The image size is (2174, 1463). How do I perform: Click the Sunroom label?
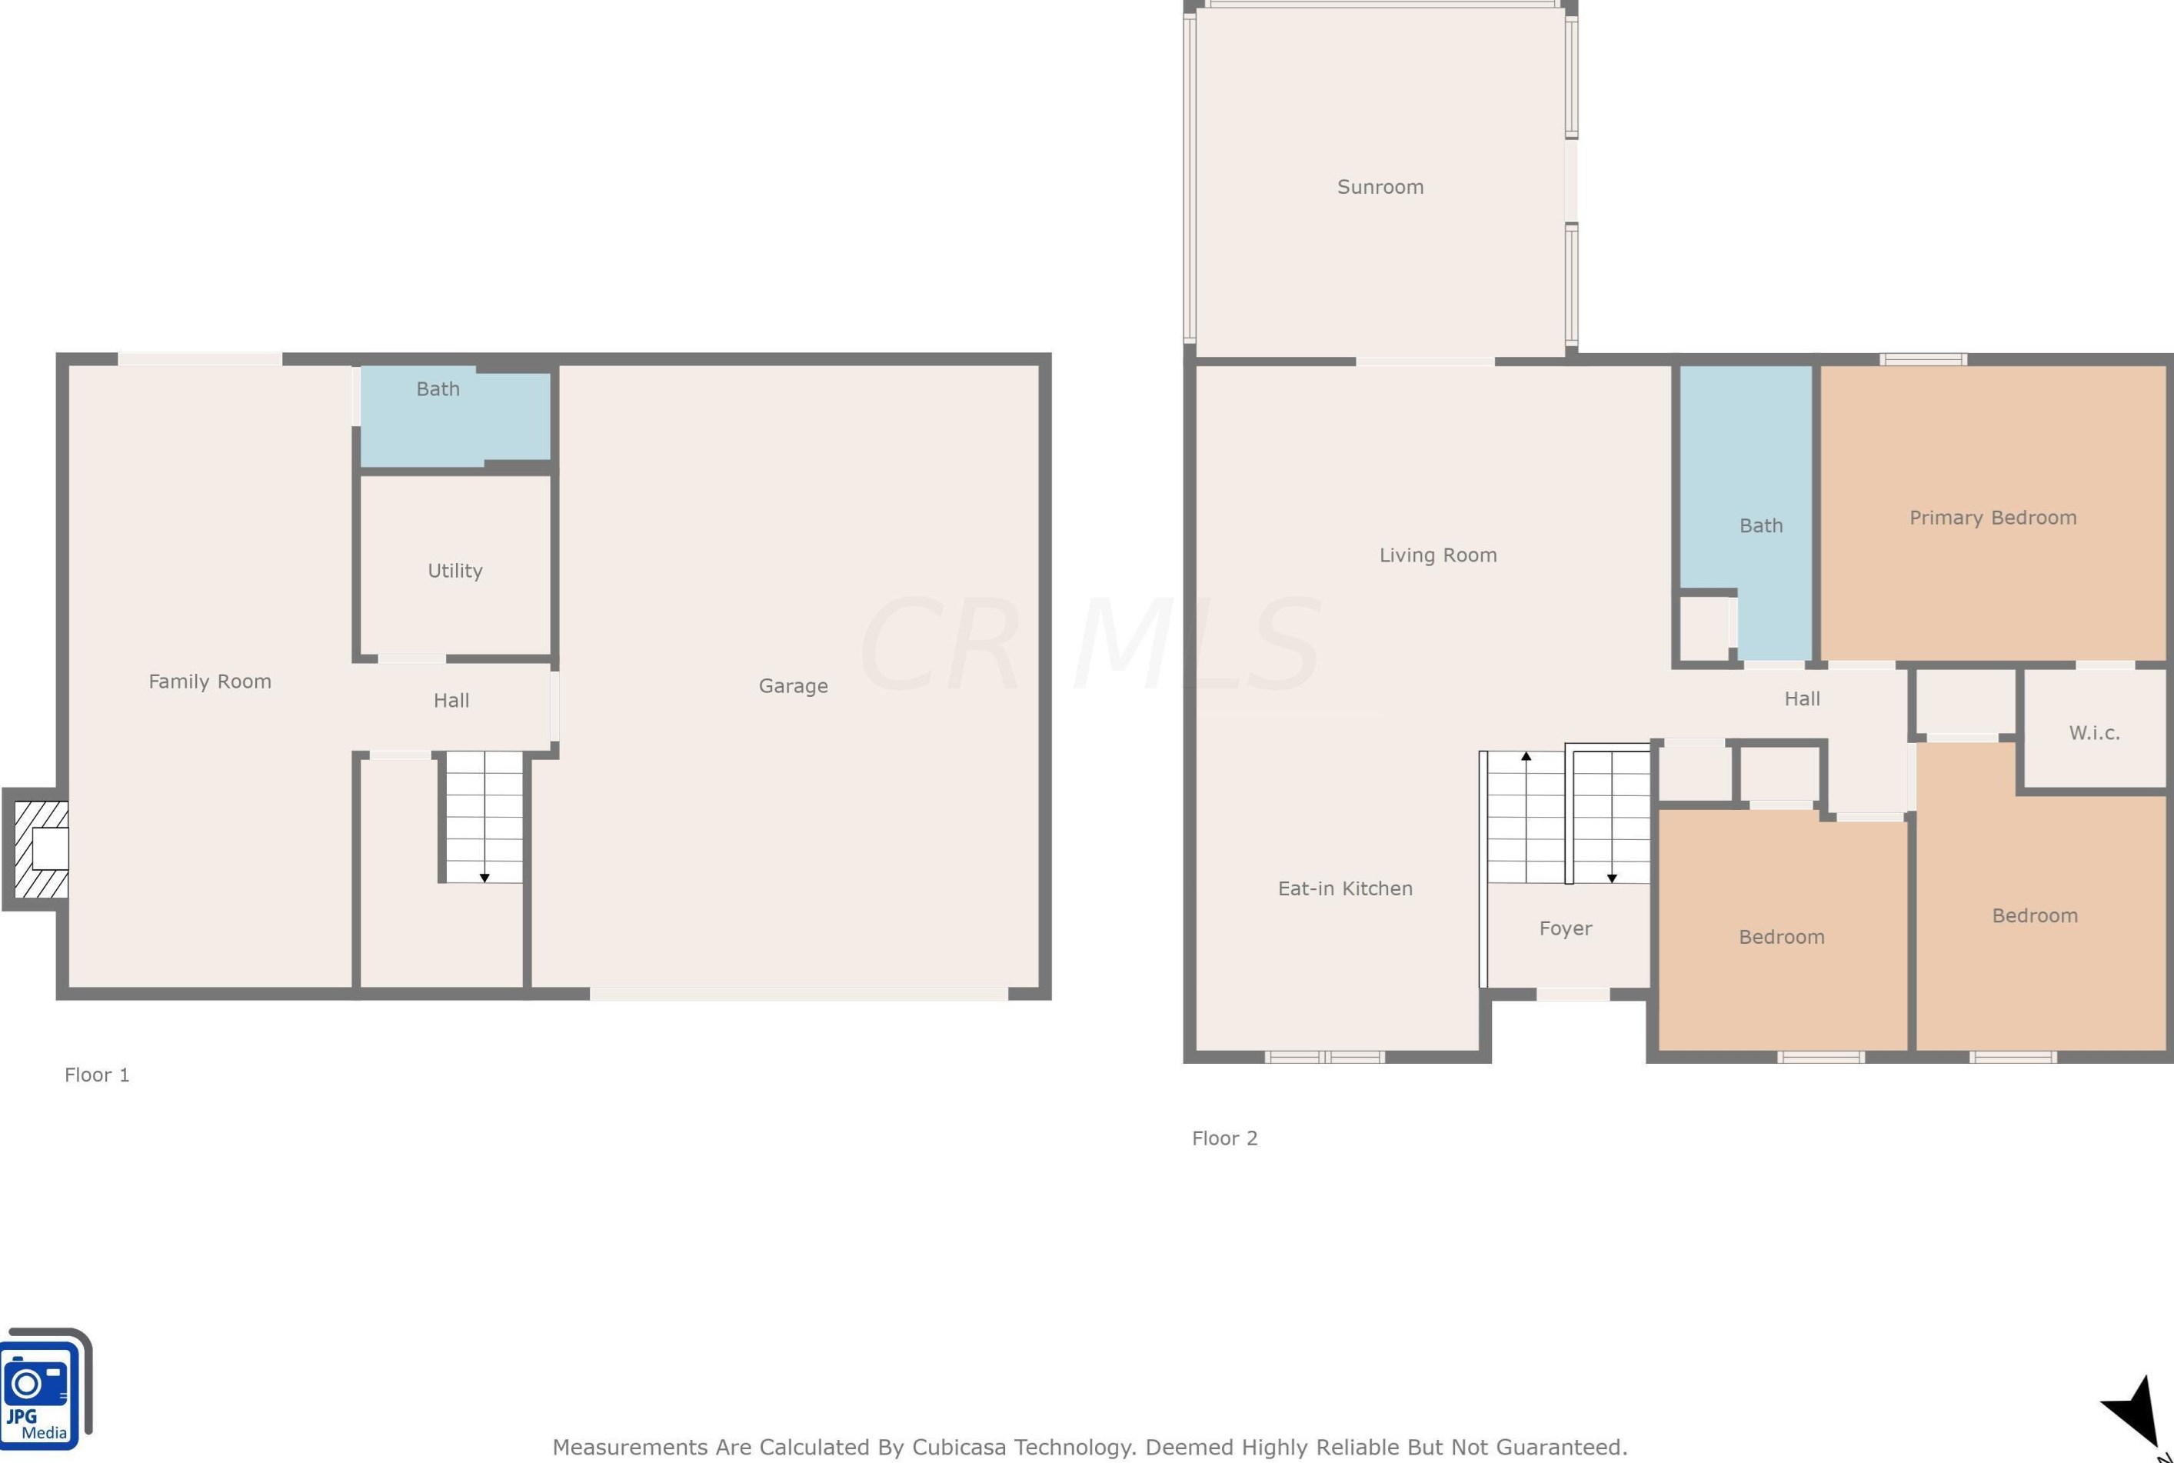click(x=1380, y=187)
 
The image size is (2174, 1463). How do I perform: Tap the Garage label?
click(x=793, y=686)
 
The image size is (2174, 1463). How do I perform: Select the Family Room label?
click(x=210, y=681)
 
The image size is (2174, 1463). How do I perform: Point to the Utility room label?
click(x=455, y=570)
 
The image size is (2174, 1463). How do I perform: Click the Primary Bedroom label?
click(x=1993, y=518)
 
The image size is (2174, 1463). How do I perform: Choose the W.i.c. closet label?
click(x=2094, y=732)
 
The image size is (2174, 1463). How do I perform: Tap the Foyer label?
click(x=1565, y=928)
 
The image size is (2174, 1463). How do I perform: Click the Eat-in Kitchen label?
click(x=1345, y=888)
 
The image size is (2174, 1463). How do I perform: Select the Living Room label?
click(x=1437, y=555)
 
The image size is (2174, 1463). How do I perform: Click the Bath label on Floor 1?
click(x=438, y=389)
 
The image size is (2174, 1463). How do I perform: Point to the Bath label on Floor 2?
click(x=1761, y=525)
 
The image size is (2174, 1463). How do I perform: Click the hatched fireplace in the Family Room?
click(x=41, y=849)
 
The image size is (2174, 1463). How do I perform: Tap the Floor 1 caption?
click(x=97, y=1075)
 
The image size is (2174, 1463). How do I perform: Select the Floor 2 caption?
click(x=1224, y=1138)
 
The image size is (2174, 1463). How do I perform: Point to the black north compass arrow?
click(x=2135, y=1411)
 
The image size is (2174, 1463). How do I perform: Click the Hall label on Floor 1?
click(x=451, y=701)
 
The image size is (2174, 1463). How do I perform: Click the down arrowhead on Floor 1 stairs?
click(x=484, y=878)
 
